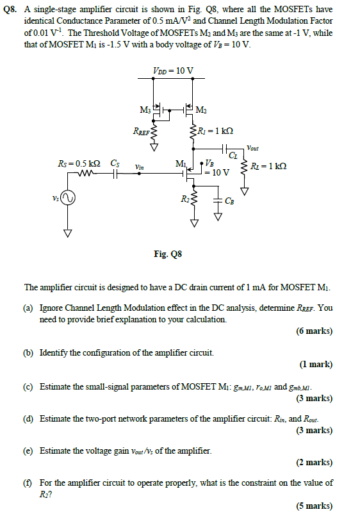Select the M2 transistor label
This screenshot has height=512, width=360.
pos(200,108)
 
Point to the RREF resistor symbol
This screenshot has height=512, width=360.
pos(154,131)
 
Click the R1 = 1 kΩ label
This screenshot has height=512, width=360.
pos(214,131)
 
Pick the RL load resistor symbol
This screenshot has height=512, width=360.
pos(244,169)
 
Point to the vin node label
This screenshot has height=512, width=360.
pos(140,167)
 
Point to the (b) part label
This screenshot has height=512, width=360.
pos(29,352)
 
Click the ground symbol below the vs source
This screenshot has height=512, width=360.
pos(66,233)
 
